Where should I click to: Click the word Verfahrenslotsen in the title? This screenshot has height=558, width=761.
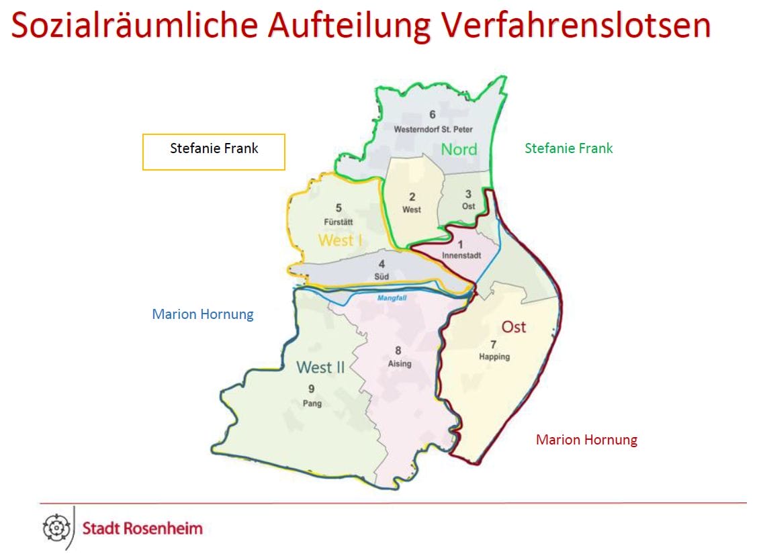click(x=577, y=25)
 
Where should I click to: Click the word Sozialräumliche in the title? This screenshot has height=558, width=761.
click(x=134, y=25)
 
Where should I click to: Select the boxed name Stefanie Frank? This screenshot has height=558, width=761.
click(x=214, y=148)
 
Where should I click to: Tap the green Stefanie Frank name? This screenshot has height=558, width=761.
click(x=568, y=148)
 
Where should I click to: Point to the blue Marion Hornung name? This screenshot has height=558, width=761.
click(x=203, y=314)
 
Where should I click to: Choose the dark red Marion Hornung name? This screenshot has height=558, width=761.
click(x=586, y=440)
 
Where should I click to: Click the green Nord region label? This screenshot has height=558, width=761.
click(x=459, y=149)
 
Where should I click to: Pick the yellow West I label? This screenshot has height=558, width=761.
click(x=340, y=240)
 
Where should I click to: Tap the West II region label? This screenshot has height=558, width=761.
click(x=320, y=367)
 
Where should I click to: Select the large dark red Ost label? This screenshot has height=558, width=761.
click(x=514, y=327)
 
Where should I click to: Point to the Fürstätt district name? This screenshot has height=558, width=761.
click(x=339, y=221)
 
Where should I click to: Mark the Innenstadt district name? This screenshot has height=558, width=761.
click(x=461, y=256)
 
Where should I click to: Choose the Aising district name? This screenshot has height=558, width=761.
click(x=399, y=363)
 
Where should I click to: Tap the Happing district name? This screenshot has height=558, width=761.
click(x=494, y=357)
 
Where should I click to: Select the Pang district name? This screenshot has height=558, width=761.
click(x=312, y=404)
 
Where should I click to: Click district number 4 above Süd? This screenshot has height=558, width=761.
click(x=382, y=265)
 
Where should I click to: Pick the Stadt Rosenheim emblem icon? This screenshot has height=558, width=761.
click(x=56, y=528)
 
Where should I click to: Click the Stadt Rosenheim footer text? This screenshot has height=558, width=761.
click(x=142, y=528)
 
